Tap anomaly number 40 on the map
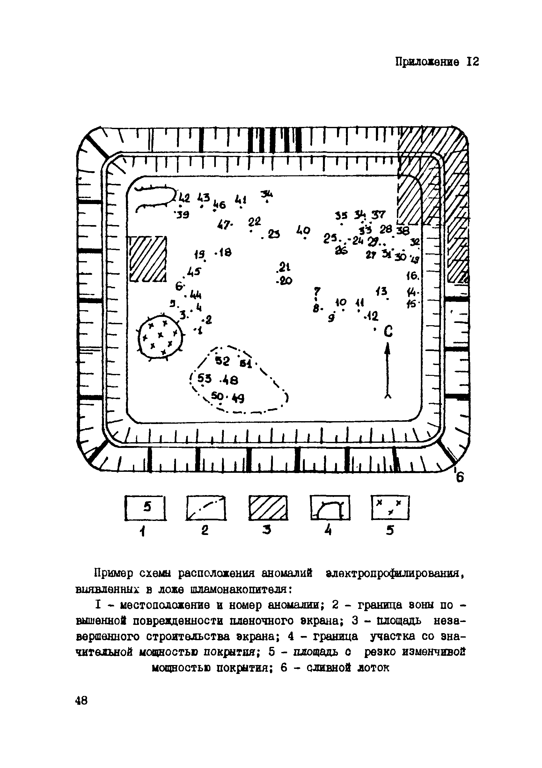click(304, 230)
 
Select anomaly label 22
click(255, 222)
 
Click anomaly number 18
click(225, 252)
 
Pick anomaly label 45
click(194, 271)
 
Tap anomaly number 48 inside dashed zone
click(230, 380)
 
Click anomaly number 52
click(223, 361)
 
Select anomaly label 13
click(381, 291)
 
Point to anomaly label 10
click(341, 302)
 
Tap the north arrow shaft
click(387, 371)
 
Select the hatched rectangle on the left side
click(148, 259)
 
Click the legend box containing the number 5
click(145, 508)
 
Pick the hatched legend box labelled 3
click(268, 508)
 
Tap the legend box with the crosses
click(390, 508)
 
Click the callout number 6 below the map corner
click(460, 478)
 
